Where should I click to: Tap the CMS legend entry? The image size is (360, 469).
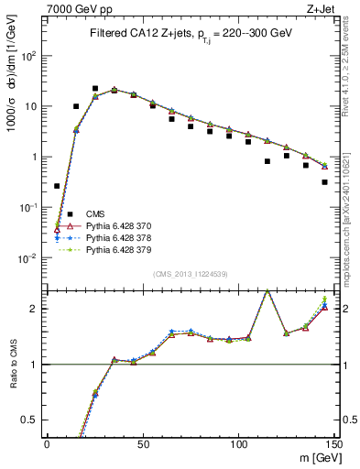coord(96,213)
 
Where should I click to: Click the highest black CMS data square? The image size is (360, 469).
coord(95,89)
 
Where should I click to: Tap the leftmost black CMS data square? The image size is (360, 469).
coord(57,186)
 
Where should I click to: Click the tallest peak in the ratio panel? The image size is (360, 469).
coord(267,291)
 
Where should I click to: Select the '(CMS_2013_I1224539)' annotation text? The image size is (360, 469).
coord(190,273)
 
